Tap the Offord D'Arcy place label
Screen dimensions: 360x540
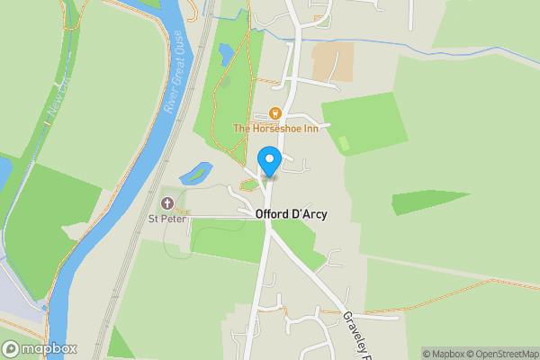[x=291, y=214]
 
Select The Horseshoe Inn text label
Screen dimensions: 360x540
[x=276, y=129]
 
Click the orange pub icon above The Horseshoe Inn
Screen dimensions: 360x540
[x=276, y=113]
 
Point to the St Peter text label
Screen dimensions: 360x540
[x=166, y=217]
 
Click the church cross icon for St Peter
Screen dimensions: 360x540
[x=167, y=202]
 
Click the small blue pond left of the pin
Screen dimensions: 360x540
[x=195, y=171]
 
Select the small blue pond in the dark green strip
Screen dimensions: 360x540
[x=225, y=56]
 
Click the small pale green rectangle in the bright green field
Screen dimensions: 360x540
[x=343, y=142]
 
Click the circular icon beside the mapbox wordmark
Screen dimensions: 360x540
[x=12, y=349]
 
